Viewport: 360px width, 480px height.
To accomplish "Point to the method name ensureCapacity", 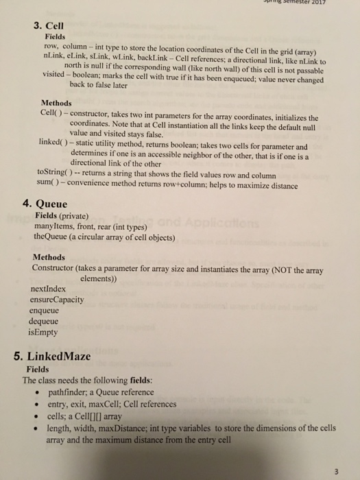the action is (58, 300).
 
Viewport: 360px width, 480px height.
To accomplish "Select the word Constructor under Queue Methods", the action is (57, 267).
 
